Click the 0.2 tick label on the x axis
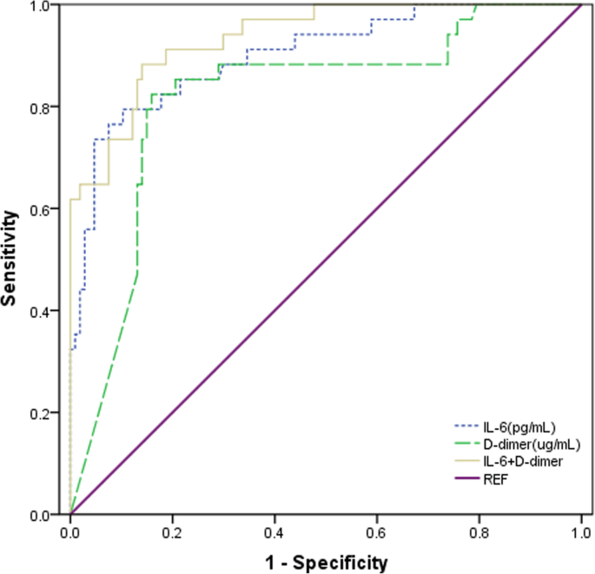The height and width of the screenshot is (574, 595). [172, 531]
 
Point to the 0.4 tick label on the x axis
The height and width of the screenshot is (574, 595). [274, 531]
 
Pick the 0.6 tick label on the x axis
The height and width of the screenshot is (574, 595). [376, 531]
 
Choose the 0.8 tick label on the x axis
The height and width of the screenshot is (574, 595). [479, 531]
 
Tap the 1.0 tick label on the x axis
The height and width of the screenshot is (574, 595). [579, 531]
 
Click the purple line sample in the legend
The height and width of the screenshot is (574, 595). [468, 479]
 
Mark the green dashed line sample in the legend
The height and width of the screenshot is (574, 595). [468, 444]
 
